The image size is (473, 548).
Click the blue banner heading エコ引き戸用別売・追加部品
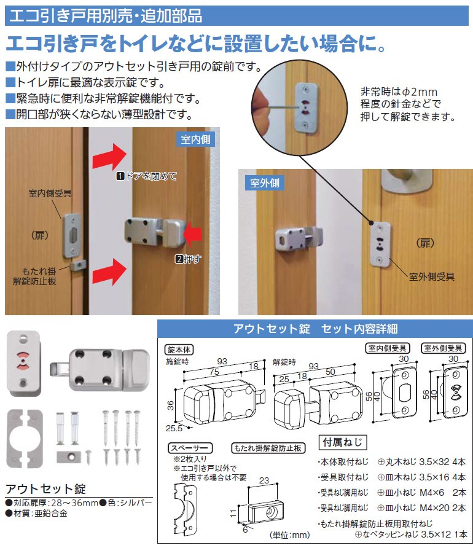pos(104,14)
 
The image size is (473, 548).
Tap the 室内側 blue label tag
pos(195,139)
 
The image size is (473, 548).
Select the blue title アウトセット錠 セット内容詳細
pos(315,329)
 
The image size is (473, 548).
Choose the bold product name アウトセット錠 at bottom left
pos(45,489)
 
